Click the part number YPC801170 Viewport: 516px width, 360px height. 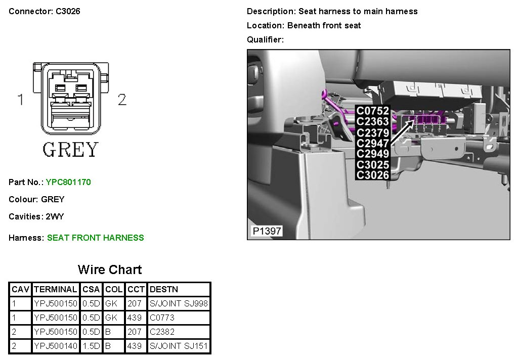click(x=68, y=182)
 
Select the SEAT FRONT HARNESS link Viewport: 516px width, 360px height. click(x=95, y=238)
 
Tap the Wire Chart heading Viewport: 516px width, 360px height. click(x=110, y=269)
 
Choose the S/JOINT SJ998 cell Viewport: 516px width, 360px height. click(x=179, y=304)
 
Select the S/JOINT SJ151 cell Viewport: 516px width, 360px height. click(x=179, y=347)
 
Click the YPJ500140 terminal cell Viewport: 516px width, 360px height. click(x=55, y=347)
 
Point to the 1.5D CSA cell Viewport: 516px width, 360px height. click(x=92, y=347)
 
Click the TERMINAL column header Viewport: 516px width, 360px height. click(x=55, y=290)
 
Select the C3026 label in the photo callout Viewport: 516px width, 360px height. click(x=373, y=175)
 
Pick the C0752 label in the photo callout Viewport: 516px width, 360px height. click(x=373, y=111)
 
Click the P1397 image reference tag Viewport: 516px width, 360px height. click(x=267, y=232)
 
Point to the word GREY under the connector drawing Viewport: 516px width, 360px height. click(x=70, y=150)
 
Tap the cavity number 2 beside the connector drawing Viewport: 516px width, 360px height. click(x=122, y=100)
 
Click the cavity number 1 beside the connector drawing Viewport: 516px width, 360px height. click(x=21, y=100)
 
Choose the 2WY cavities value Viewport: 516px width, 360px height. click(x=55, y=216)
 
